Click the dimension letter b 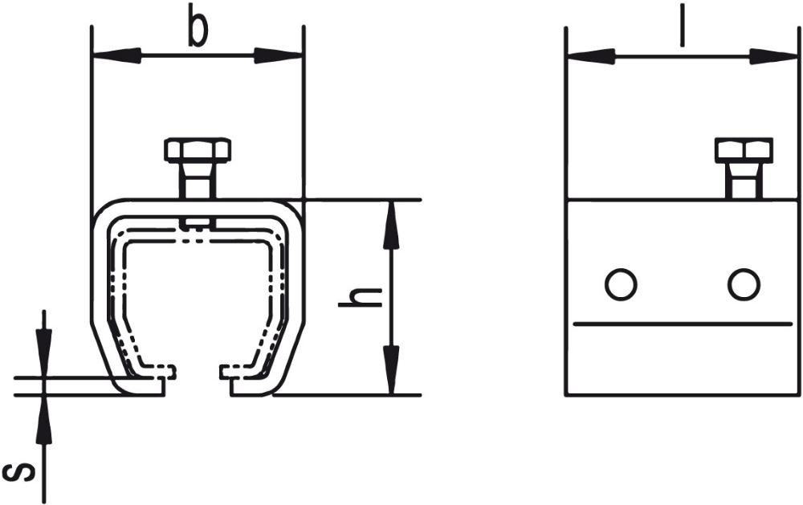pyautogui.click(x=198, y=25)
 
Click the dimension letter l pyautogui.click(x=682, y=25)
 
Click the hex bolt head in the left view pyautogui.click(x=198, y=151)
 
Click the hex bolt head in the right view pyautogui.click(x=744, y=151)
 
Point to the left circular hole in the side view pyautogui.click(x=621, y=283)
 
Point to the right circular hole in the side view pyautogui.click(x=744, y=284)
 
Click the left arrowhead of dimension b pyautogui.click(x=116, y=55)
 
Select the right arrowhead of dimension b pyautogui.click(x=279, y=55)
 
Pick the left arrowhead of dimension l pyautogui.click(x=591, y=56)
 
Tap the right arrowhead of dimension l pyautogui.click(x=773, y=56)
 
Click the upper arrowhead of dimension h pyautogui.click(x=391, y=226)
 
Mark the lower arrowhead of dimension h pyautogui.click(x=391, y=370)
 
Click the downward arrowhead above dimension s pyautogui.click(x=44, y=352)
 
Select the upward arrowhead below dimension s pyautogui.click(x=44, y=420)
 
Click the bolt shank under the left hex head pyautogui.click(x=198, y=181)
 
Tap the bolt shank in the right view pyautogui.click(x=744, y=181)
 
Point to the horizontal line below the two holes pyautogui.click(x=683, y=324)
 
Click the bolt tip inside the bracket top pyautogui.click(x=198, y=223)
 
